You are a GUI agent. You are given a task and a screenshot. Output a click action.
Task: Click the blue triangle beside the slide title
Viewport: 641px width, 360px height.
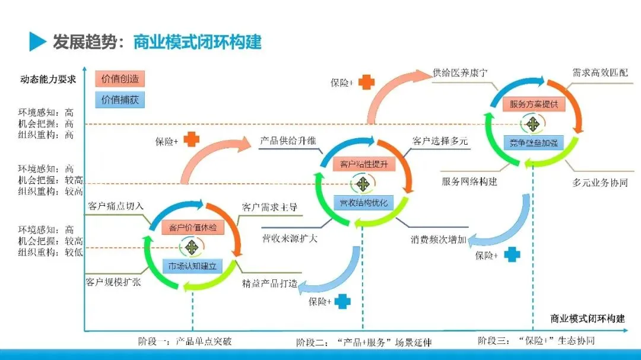(x=37, y=42)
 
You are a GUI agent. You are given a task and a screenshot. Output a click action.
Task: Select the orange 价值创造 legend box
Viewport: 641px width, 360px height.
(x=119, y=79)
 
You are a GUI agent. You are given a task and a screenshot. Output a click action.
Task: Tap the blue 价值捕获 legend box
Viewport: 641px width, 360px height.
(x=119, y=99)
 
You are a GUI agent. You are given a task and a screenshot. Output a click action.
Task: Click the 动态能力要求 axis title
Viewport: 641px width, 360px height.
(x=48, y=79)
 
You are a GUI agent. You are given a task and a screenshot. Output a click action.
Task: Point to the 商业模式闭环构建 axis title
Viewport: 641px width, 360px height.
(x=587, y=318)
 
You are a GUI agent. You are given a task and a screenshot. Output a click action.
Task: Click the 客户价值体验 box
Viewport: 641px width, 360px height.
(x=192, y=227)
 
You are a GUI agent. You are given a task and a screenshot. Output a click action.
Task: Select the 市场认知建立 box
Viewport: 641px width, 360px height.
(x=192, y=265)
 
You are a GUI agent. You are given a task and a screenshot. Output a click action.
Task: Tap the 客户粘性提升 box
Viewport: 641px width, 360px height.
(x=363, y=164)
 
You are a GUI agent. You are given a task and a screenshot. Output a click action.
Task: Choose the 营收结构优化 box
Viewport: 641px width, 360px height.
(x=363, y=203)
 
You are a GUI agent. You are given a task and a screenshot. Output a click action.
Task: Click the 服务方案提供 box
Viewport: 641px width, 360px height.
(x=534, y=104)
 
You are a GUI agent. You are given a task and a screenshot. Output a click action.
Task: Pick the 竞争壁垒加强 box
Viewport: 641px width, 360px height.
(x=534, y=142)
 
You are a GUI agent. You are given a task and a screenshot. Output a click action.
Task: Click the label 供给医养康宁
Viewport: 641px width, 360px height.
(x=461, y=74)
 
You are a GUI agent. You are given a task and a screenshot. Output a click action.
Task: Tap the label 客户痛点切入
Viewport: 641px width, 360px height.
(x=115, y=206)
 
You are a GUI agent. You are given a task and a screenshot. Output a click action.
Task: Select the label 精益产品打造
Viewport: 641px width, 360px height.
(x=269, y=283)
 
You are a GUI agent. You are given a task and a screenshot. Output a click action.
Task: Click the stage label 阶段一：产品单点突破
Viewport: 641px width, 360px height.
(x=185, y=342)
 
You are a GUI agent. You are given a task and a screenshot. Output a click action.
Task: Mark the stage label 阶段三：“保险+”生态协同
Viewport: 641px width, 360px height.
(x=536, y=341)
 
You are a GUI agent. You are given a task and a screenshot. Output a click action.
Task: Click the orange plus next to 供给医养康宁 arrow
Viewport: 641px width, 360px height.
(x=367, y=82)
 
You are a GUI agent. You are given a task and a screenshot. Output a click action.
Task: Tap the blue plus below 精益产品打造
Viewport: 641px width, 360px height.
(x=342, y=301)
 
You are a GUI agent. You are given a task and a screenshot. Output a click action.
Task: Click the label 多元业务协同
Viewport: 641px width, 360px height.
(x=599, y=183)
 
